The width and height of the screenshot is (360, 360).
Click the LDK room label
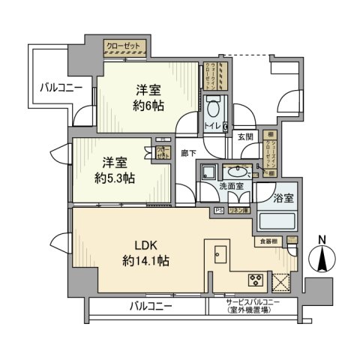(140, 246)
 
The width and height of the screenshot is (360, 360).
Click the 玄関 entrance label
(246, 136)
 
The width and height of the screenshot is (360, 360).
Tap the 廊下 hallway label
(188, 152)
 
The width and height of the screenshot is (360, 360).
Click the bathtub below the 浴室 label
(277, 222)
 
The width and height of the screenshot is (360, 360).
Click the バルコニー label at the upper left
(61, 88)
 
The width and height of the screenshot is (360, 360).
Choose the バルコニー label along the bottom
(150, 306)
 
